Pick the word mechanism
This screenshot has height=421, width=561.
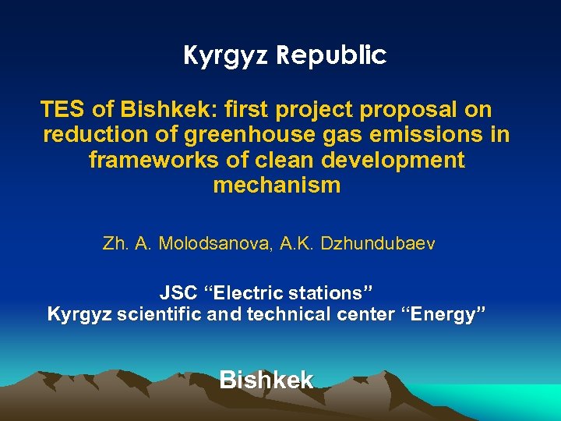(x=277, y=186)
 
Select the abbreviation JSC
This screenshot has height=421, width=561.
(x=178, y=294)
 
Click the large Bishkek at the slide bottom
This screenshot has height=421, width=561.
(x=266, y=380)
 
